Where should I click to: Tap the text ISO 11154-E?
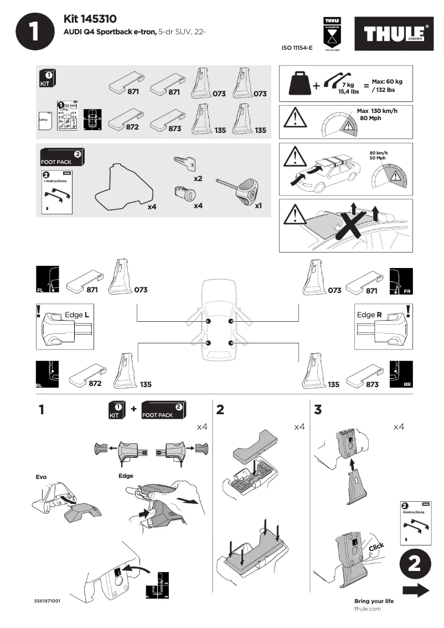[x=297, y=48]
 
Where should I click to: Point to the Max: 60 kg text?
[x=387, y=81]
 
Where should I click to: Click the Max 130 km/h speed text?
[x=377, y=111]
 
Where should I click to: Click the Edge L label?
[x=77, y=315]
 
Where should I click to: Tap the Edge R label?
[x=369, y=315]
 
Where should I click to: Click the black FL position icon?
[x=47, y=280]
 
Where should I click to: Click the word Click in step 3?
[x=376, y=548]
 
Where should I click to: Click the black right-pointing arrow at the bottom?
[x=415, y=590]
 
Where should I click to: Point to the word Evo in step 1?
[x=42, y=476]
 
